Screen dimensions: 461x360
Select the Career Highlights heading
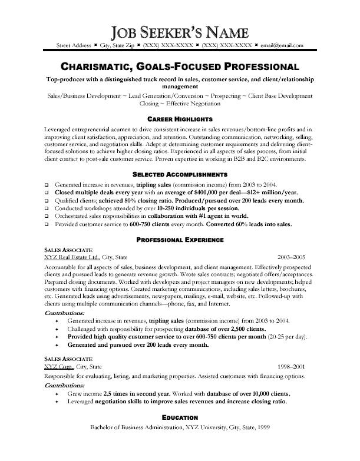tap(179, 119)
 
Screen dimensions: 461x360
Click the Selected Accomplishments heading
tap(179, 175)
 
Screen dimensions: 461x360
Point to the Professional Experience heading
tap(179, 224)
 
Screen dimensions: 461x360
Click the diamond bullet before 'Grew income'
tap(56, 393)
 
